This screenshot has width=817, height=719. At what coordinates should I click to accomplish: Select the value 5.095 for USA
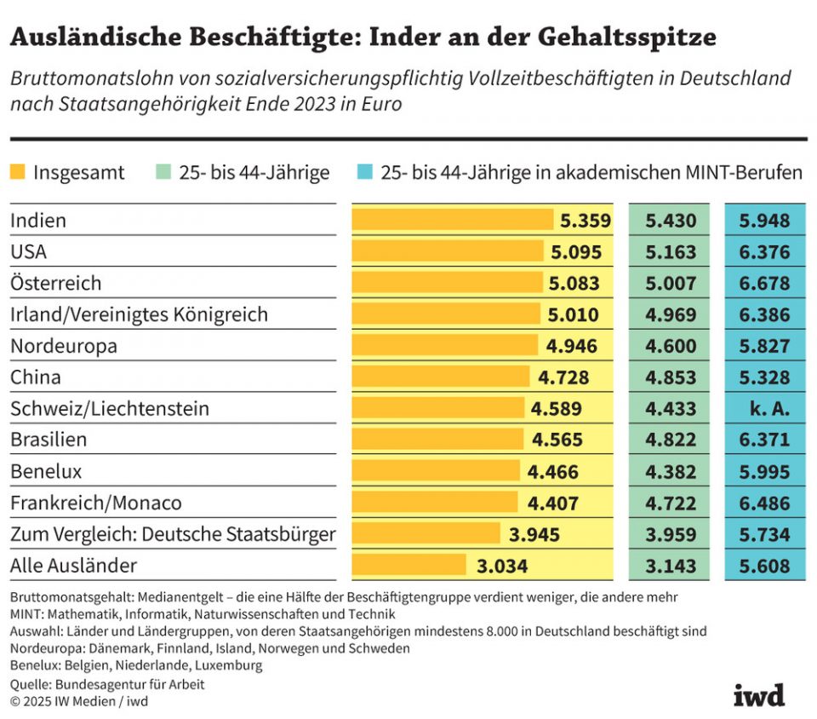(x=576, y=252)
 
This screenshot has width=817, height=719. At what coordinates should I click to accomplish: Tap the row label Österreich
(x=56, y=283)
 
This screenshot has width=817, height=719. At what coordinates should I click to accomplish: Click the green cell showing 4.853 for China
(x=671, y=377)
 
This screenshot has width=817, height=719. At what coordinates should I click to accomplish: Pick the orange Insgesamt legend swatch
(x=18, y=173)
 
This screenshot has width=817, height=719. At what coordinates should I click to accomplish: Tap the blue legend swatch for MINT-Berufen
(x=365, y=173)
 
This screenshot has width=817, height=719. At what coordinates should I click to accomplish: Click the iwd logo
(x=758, y=694)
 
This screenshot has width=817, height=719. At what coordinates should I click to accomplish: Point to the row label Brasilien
(x=49, y=440)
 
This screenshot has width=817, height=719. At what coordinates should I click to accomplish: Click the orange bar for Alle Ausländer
(x=409, y=565)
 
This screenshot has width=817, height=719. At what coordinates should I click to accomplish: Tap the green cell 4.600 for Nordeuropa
(x=671, y=346)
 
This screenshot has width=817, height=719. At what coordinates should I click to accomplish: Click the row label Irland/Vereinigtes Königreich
(x=139, y=314)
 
